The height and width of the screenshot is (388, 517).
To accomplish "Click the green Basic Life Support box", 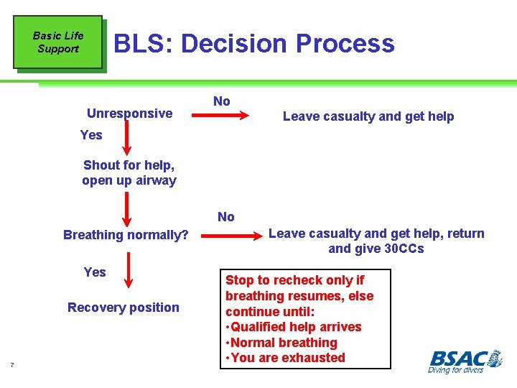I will click(57, 42).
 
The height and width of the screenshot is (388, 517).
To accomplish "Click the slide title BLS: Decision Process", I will click(254, 44).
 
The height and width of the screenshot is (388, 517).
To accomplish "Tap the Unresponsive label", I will click(129, 113).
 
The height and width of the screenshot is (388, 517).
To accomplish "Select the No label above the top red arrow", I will click(222, 101).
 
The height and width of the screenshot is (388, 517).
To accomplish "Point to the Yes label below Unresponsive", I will click(91, 135).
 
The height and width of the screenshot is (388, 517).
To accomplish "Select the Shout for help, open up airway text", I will click(129, 172).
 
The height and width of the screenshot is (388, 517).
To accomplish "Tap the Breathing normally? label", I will click(126, 235).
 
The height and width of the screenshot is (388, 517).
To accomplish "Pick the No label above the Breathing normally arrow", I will click(225, 217).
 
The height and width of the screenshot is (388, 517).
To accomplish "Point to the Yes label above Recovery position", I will click(94, 272).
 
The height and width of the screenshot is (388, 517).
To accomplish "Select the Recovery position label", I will click(124, 308).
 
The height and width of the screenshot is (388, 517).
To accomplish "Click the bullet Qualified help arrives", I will click(294, 327).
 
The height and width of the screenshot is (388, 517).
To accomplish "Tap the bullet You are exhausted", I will click(285, 358).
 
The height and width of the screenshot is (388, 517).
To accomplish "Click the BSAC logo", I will click(465, 360).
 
